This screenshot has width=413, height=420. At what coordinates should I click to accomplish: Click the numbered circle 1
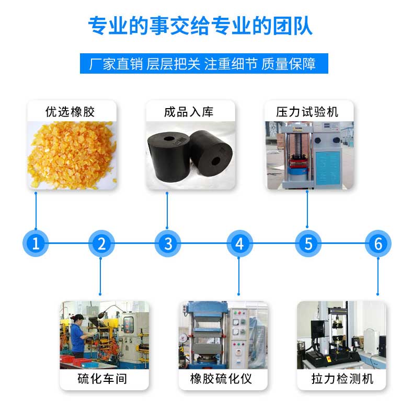click(36, 243)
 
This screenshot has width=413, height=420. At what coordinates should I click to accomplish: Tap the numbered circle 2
click(102, 243)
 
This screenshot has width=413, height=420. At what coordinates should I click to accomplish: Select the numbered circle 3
click(168, 243)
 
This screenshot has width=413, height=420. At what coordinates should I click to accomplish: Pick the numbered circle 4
click(239, 243)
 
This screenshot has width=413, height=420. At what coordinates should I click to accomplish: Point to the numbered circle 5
click(308, 243)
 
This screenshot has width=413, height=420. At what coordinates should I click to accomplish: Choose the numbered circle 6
click(378, 243)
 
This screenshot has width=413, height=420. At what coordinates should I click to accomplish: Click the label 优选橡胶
click(71, 112)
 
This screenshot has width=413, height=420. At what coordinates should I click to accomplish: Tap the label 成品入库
click(189, 112)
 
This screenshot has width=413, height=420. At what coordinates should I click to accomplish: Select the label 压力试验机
click(307, 112)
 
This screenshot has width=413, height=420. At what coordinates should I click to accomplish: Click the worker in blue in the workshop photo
click(77, 337)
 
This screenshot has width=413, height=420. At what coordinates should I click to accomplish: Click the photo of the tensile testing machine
click(342, 335)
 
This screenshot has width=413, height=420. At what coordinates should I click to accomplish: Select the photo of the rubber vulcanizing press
click(223, 335)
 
